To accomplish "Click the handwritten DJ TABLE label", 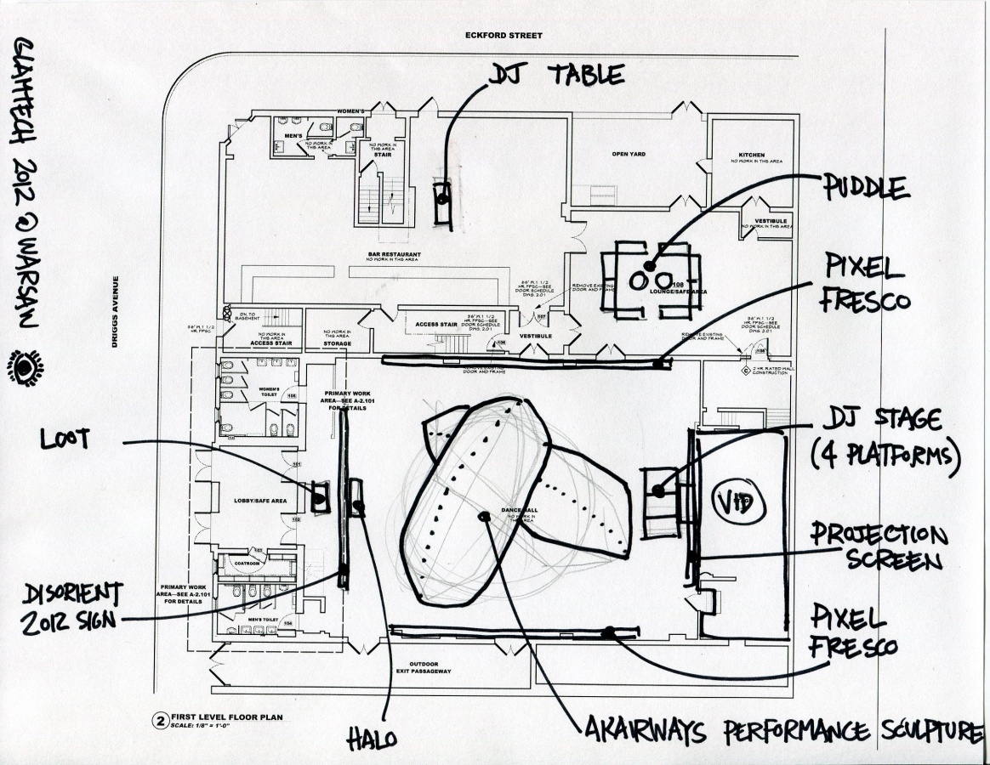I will click(556, 75).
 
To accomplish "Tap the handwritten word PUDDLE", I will click(867, 187).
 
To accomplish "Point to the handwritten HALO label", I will click(372, 739).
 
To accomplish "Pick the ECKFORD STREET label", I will click(504, 36).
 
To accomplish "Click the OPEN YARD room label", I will click(630, 155).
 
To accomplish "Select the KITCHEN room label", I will click(751, 156).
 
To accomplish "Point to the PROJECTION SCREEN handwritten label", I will click(877, 548).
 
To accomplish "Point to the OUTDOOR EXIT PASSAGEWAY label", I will click(430, 668).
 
